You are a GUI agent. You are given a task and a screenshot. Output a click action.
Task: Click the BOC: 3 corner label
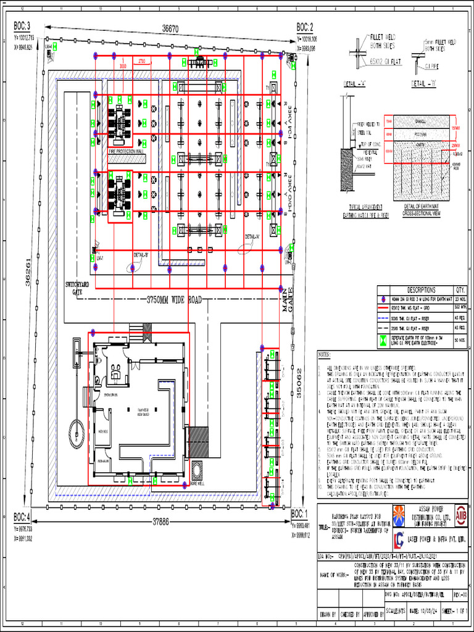22,27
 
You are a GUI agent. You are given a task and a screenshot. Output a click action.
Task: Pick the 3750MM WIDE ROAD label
174,300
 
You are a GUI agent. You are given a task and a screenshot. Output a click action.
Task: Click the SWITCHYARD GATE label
77,288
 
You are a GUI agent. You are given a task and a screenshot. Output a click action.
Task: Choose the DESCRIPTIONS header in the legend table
422,289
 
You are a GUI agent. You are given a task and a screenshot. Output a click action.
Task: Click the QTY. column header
460,289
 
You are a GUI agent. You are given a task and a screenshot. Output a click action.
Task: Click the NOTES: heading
325,355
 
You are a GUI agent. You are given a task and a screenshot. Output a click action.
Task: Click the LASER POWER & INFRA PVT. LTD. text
437,538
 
